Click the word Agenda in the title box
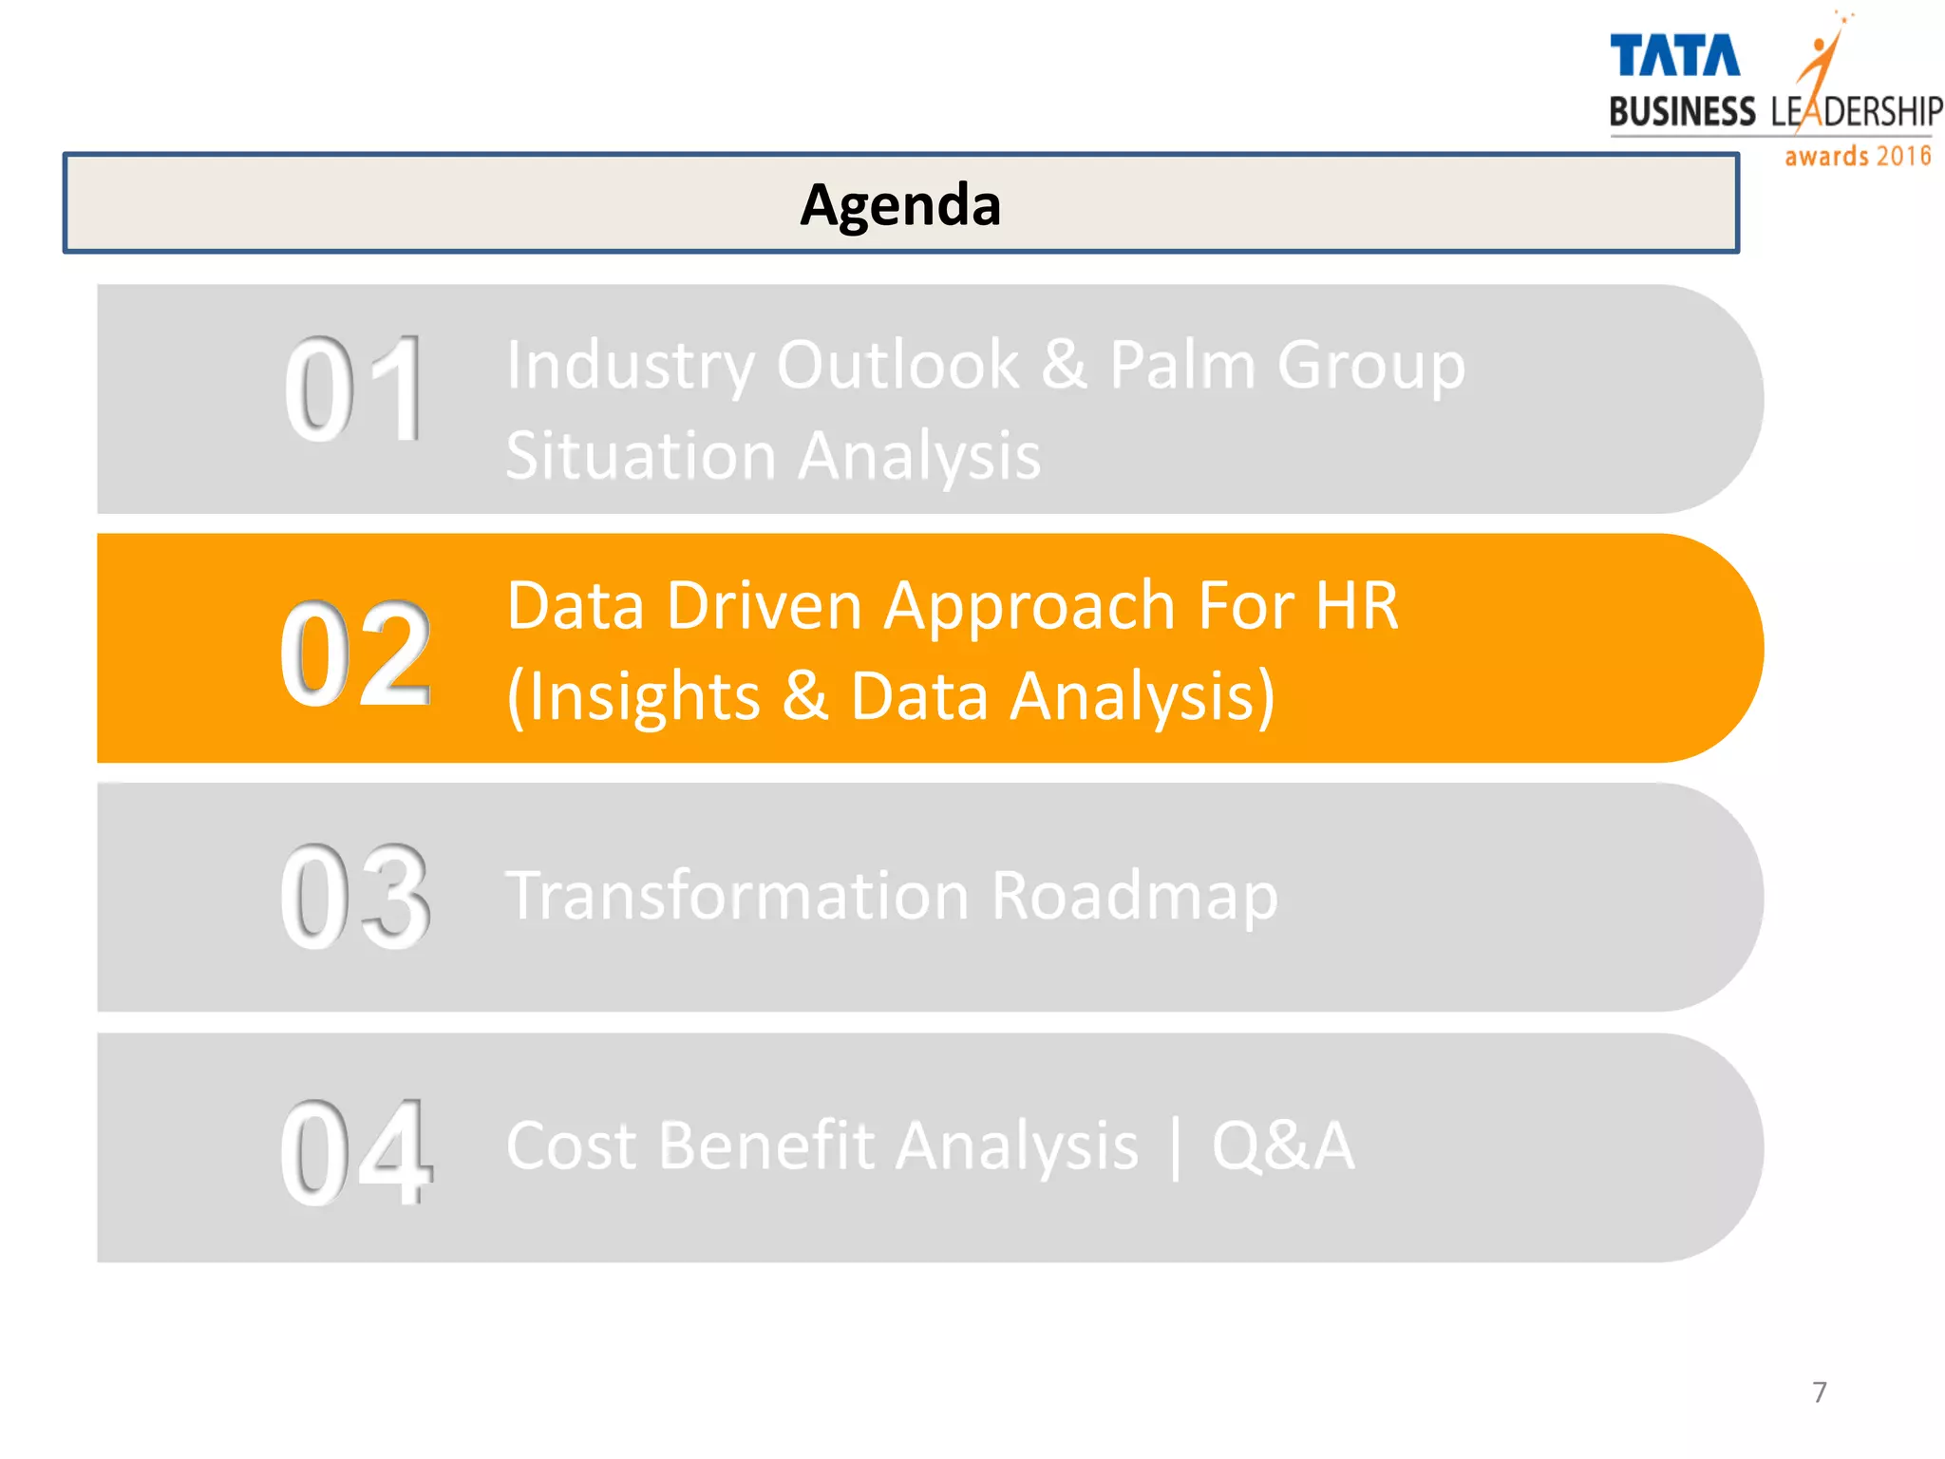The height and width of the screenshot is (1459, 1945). (x=899, y=205)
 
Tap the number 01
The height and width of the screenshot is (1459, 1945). (x=354, y=390)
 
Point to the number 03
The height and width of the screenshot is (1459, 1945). (x=355, y=898)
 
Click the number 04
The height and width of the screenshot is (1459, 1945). (x=355, y=1151)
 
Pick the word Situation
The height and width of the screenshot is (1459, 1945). (x=641, y=456)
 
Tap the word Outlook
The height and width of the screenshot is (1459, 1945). (x=897, y=365)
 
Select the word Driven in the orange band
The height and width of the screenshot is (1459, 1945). (x=764, y=606)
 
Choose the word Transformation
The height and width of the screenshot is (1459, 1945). (x=737, y=896)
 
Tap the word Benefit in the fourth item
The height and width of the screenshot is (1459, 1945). (x=765, y=1146)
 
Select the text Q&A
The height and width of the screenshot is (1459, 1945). (x=1282, y=1146)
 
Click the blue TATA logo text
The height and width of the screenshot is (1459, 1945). (x=1674, y=56)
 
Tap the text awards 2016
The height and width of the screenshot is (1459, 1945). (x=1858, y=156)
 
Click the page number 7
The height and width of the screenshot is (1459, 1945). (x=1819, y=1393)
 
